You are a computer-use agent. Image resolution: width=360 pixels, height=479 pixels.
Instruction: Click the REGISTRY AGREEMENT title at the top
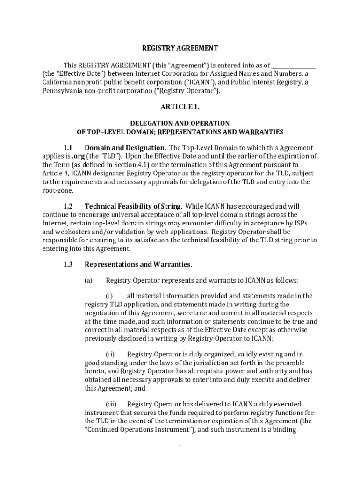(x=180, y=48)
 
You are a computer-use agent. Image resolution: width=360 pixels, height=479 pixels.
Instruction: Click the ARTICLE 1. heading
(x=180, y=107)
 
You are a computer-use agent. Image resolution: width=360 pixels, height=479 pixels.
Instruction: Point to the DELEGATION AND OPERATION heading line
(x=180, y=123)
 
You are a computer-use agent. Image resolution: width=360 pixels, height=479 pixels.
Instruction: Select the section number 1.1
(x=68, y=148)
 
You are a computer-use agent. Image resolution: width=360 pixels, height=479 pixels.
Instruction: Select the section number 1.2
(x=68, y=206)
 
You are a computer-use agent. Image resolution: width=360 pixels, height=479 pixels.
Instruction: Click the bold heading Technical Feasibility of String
(x=133, y=206)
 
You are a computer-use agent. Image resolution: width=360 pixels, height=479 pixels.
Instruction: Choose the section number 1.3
(x=68, y=264)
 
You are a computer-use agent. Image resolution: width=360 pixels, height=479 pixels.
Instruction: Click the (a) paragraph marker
(x=88, y=281)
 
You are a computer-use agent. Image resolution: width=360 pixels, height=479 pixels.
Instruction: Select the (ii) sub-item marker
(x=109, y=355)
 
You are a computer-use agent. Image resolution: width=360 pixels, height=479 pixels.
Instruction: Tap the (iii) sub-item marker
(x=110, y=404)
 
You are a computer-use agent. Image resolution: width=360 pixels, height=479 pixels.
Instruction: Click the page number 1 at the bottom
(x=179, y=449)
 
